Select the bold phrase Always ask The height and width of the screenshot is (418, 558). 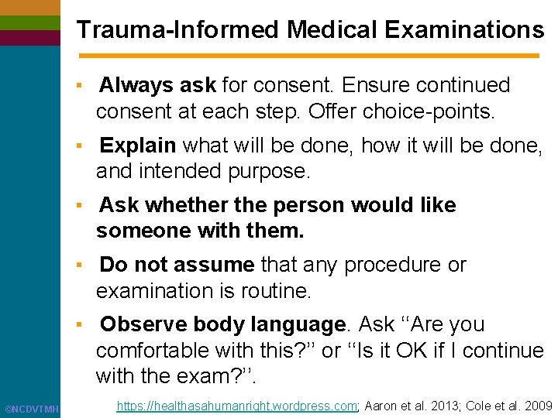coord(158,84)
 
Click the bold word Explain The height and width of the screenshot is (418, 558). coord(139,145)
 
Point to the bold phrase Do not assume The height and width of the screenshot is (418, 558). coord(177,265)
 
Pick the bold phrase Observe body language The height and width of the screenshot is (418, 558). coord(222,324)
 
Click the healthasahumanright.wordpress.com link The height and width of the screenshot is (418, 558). coord(236,405)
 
